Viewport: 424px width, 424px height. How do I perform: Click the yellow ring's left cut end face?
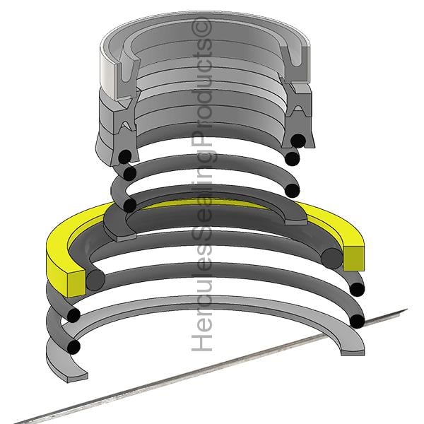tap(76, 283)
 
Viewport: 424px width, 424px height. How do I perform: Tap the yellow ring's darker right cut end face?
tap(354, 259)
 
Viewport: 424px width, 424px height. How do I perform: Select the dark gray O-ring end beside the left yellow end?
tap(95, 281)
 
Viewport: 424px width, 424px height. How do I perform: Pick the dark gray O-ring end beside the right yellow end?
tap(332, 259)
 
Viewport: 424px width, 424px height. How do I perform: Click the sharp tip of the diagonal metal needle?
tap(406, 310)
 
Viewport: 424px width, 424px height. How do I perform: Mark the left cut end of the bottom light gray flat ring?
tap(77, 378)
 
